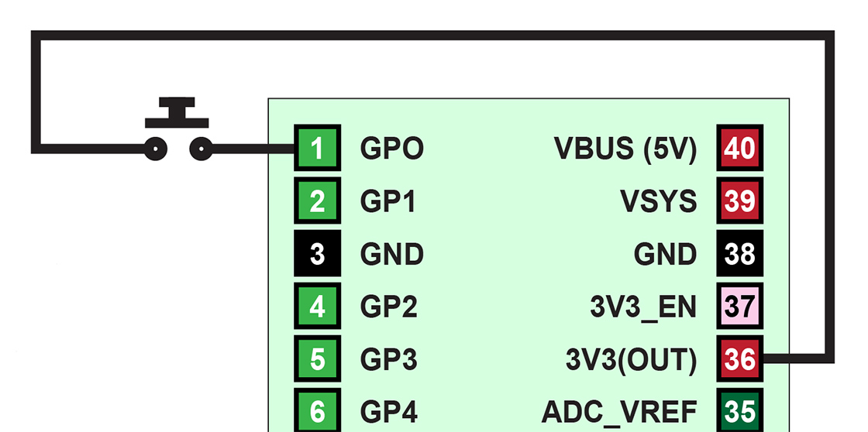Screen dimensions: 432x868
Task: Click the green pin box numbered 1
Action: (x=317, y=148)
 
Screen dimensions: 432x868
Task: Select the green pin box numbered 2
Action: (x=317, y=201)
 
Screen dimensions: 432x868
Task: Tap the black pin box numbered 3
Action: (x=317, y=254)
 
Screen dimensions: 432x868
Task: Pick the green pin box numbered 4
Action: (x=317, y=307)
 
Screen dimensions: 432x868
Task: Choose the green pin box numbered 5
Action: (x=317, y=359)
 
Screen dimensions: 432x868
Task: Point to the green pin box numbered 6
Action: (x=317, y=410)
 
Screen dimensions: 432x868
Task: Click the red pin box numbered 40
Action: (x=739, y=148)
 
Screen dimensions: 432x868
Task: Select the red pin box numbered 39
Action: (x=739, y=201)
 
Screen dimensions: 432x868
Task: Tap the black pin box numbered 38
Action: (x=739, y=254)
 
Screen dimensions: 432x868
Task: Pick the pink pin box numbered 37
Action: (x=739, y=307)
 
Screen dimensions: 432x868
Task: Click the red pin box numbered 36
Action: (x=739, y=359)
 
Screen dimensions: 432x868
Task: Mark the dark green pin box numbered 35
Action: (x=739, y=410)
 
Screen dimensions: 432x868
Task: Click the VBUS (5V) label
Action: (x=625, y=148)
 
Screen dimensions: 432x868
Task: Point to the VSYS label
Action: (x=658, y=201)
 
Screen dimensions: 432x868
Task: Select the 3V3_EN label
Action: (x=642, y=307)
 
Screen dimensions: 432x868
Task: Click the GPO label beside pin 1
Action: (x=391, y=148)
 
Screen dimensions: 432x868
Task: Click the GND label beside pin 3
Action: (x=391, y=254)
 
